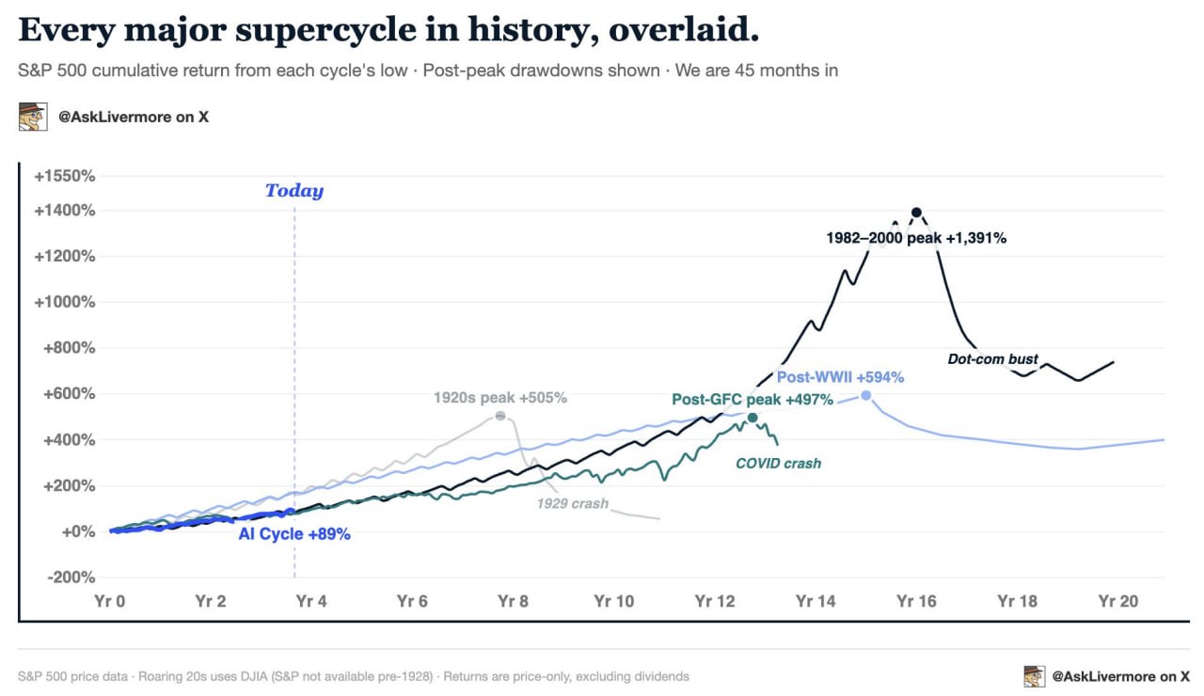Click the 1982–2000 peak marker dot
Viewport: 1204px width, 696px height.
(x=916, y=213)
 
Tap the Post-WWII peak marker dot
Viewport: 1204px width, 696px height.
(x=866, y=396)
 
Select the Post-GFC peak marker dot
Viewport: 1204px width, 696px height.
(x=752, y=417)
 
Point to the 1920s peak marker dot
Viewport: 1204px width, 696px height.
(x=500, y=416)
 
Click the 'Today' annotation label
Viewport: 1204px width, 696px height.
(x=294, y=191)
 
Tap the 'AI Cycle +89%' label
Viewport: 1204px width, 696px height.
(x=294, y=533)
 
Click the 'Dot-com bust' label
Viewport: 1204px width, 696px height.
(x=992, y=359)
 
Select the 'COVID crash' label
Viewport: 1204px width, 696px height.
(x=778, y=464)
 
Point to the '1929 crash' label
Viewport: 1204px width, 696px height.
(x=573, y=503)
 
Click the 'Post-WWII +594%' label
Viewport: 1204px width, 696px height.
(x=841, y=377)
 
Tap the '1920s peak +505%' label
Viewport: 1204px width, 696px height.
(x=500, y=398)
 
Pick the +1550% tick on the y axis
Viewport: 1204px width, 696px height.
(x=65, y=176)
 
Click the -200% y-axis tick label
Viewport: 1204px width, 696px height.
(x=71, y=577)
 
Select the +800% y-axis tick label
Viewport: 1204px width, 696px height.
(x=70, y=348)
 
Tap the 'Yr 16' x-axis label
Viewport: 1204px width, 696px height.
(x=916, y=601)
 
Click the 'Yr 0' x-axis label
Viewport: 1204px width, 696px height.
(x=110, y=601)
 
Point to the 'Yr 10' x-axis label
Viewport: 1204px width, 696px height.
(x=614, y=601)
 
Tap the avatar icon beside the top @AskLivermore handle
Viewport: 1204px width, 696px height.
(x=33, y=117)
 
